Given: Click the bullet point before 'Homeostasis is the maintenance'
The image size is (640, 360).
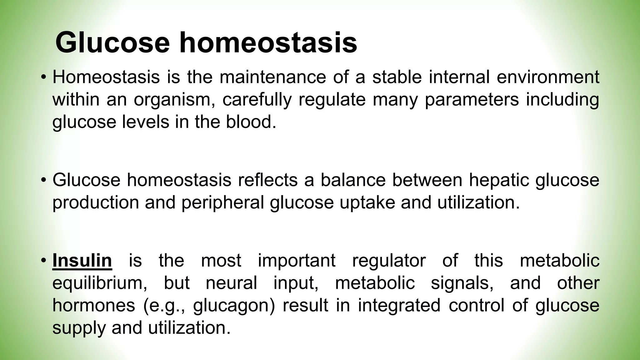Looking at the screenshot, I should pos(43,77).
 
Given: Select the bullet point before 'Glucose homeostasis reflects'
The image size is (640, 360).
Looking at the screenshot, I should pos(43,180).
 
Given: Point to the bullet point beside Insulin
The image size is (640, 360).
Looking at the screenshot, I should pos(43,260).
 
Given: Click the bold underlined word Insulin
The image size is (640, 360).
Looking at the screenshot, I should pos(82,260).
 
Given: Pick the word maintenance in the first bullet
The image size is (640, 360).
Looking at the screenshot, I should pos(272,77).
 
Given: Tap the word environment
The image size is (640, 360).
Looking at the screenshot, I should pos(548,77).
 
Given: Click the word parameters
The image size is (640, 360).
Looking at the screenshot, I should pos(472,99).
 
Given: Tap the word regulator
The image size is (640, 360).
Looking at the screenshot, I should pos(389,260).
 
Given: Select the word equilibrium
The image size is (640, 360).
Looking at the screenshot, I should pos(100,283).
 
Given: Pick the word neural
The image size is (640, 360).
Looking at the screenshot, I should pos(231,283).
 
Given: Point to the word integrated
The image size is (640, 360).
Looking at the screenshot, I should pos(399,305).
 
